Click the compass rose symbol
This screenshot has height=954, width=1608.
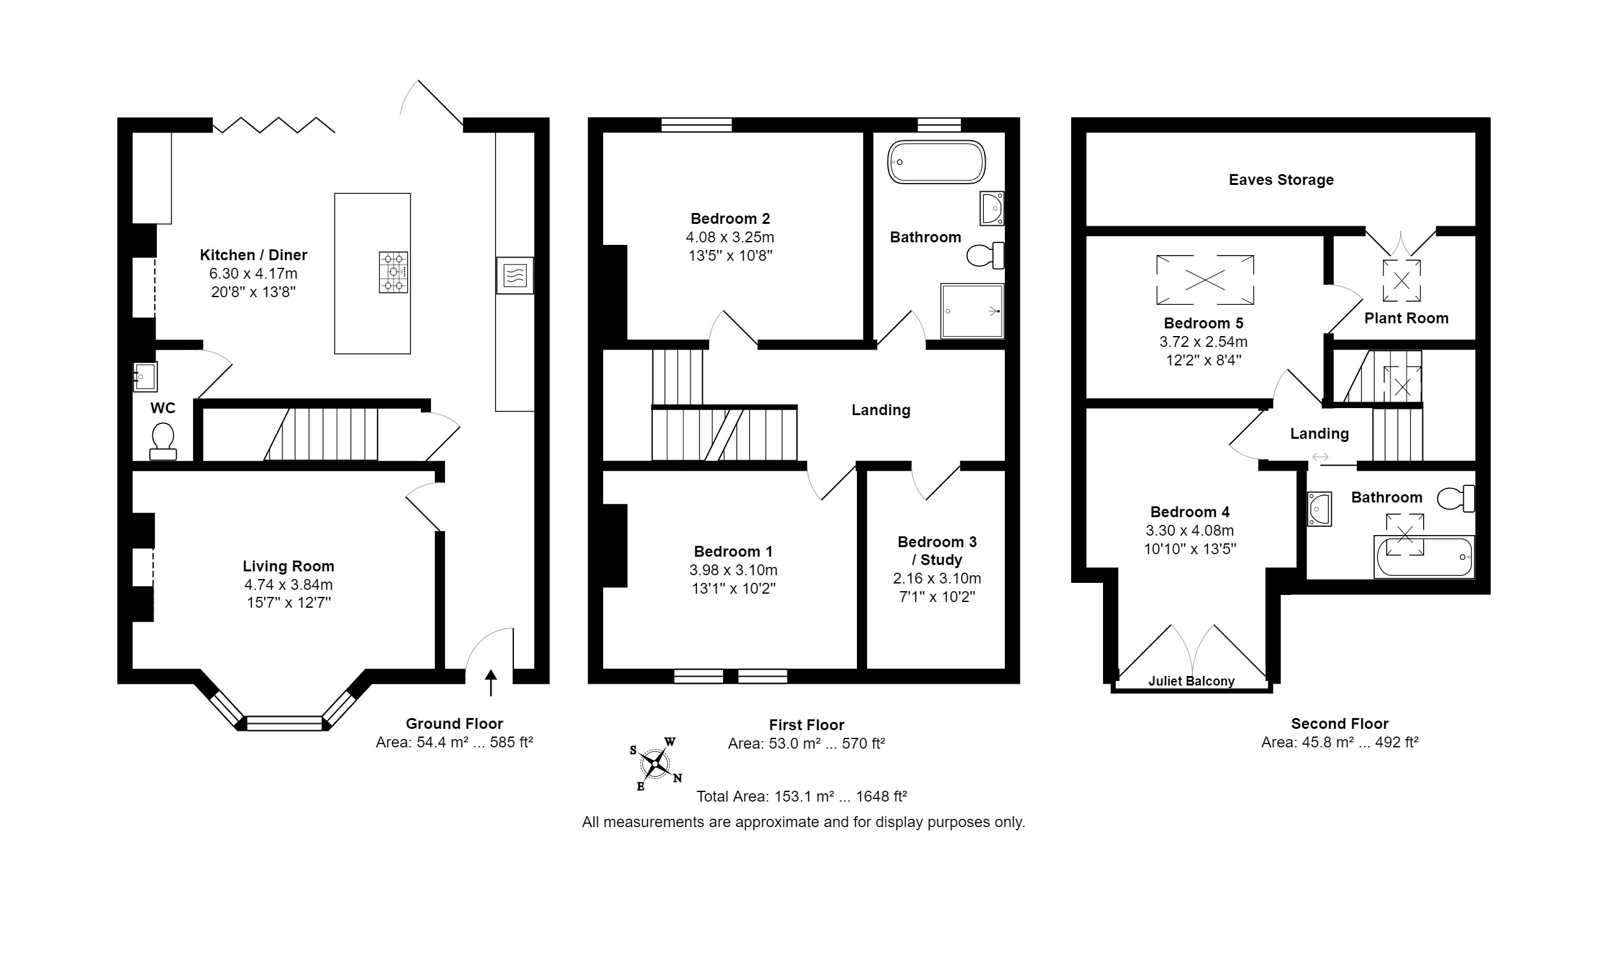(655, 764)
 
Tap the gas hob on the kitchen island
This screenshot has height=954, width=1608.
(393, 272)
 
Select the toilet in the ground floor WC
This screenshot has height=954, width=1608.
(163, 441)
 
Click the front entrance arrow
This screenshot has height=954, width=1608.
(491, 683)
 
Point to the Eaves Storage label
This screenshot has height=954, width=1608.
(1281, 180)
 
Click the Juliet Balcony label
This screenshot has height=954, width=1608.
(1192, 682)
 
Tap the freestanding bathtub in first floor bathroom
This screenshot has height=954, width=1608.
(936, 162)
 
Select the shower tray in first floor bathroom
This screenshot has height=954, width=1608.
(972, 311)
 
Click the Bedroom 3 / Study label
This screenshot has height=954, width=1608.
(937, 551)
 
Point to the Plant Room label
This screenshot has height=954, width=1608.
(1406, 318)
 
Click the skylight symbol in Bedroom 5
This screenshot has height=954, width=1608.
(1204, 280)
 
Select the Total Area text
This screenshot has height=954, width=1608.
(801, 796)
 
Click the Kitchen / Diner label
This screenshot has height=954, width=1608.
(253, 255)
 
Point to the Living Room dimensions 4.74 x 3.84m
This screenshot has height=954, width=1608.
(288, 585)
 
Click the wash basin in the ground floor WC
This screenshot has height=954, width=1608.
(145, 377)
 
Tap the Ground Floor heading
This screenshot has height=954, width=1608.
(454, 724)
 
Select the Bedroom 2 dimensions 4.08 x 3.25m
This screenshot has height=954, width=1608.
(730, 237)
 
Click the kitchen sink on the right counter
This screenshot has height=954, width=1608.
(515, 275)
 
